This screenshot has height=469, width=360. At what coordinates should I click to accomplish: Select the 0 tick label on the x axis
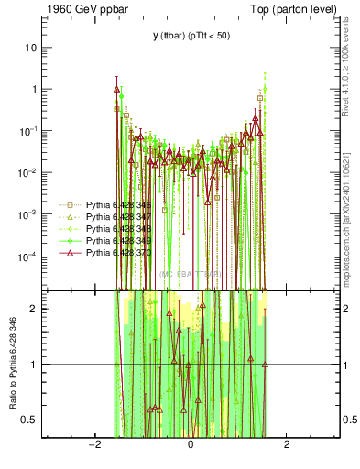(191, 446)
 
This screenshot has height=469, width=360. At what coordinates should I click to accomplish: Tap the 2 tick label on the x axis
(287, 446)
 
